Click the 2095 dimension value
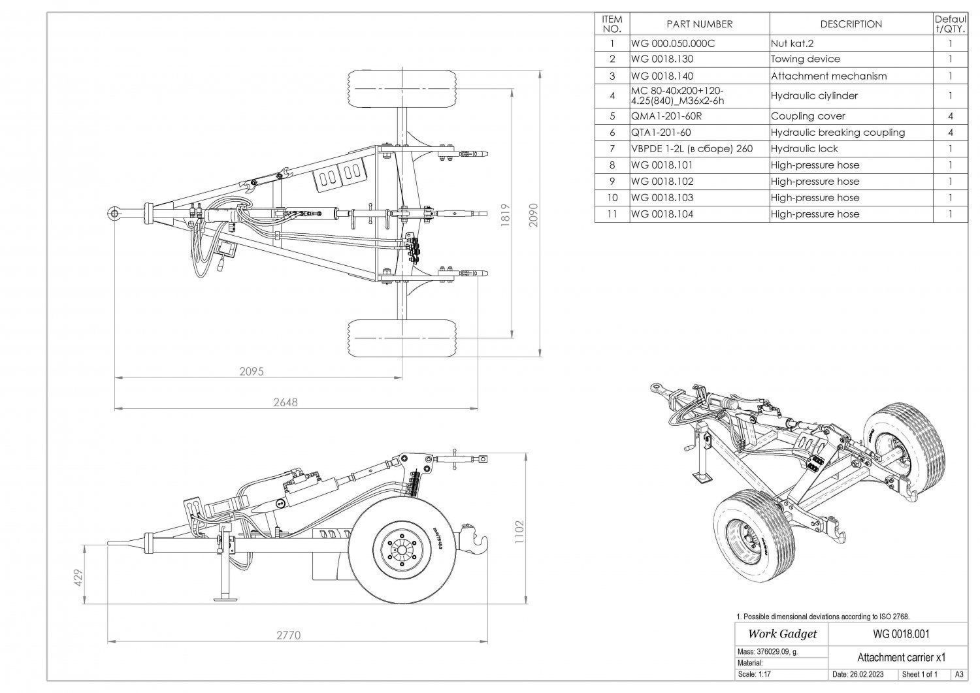coord(252,372)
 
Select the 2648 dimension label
coord(285,402)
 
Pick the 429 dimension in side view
coord(78,578)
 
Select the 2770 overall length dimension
coord(289,635)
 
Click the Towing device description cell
coord(806,59)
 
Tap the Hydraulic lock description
coord(804,148)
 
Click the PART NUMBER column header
coord(699,24)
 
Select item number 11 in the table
coord(612,214)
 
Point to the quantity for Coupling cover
coord(950,116)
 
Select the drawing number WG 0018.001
coord(901,634)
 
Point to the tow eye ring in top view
coord(114,213)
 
